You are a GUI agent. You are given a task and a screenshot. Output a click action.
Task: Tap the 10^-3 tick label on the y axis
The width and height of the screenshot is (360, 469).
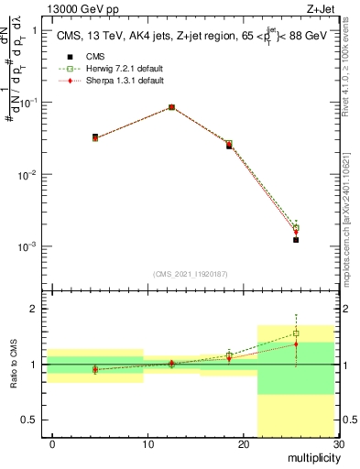[28, 247]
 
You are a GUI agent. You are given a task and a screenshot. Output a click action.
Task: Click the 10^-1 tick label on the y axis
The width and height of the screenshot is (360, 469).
[28, 103]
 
